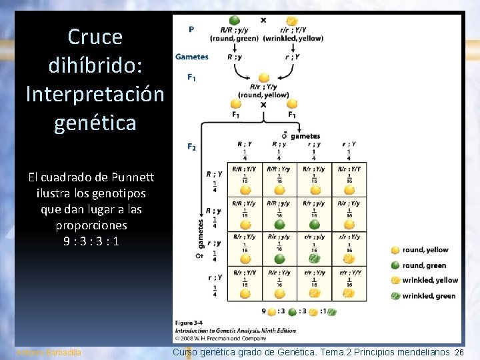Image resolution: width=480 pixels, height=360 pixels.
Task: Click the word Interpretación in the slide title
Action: (95, 94)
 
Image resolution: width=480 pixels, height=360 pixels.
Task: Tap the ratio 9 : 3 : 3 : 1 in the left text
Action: (89, 241)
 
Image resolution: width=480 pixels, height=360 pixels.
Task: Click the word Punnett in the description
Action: (132, 177)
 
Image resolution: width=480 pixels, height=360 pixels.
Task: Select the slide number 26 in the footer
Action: (459, 352)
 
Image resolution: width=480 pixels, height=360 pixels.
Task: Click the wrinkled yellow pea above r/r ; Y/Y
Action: (291, 21)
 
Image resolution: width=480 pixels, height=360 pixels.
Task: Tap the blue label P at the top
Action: (192, 29)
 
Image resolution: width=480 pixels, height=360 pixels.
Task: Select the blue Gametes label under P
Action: (192, 57)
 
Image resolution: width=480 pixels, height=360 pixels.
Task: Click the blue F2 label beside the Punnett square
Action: (192, 146)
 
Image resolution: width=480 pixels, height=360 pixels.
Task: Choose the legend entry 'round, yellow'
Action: (425, 250)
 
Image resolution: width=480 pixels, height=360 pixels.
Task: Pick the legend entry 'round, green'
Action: (424, 265)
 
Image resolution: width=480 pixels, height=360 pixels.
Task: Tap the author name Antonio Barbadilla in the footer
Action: (48, 352)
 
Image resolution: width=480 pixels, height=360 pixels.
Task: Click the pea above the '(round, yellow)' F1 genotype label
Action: (264, 77)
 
